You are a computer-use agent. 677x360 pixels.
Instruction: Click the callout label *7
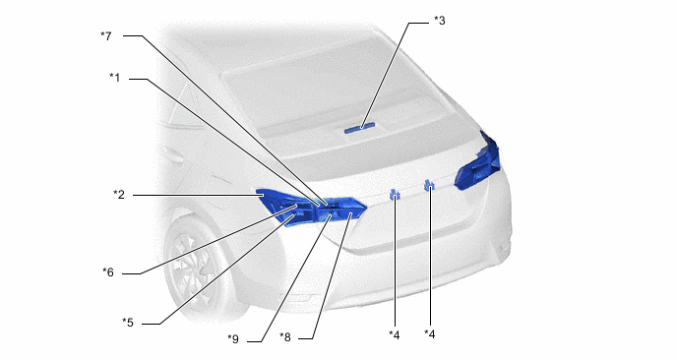click(106, 35)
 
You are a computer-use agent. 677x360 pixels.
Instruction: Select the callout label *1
click(114, 78)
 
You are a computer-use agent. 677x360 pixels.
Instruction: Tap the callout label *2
click(119, 195)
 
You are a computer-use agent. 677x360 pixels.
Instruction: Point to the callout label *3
click(439, 21)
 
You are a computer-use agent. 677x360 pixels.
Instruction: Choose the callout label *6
click(108, 272)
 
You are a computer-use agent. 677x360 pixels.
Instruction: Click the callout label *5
click(128, 323)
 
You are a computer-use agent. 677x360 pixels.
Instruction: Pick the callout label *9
click(233, 338)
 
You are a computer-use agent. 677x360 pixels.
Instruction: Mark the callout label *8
click(285, 337)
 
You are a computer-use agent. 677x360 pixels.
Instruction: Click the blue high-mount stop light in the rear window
click(360, 128)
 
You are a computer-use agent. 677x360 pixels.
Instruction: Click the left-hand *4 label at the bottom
click(395, 334)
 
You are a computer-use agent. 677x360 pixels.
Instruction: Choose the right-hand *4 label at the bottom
click(430, 334)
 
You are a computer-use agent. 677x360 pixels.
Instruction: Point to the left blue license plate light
click(395, 195)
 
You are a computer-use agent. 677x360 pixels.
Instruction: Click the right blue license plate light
click(429, 186)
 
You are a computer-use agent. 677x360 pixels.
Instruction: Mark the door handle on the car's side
click(172, 155)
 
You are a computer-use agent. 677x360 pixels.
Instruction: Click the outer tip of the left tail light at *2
click(258, 191)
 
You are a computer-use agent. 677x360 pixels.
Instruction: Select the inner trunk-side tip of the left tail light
click(366, 208)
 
